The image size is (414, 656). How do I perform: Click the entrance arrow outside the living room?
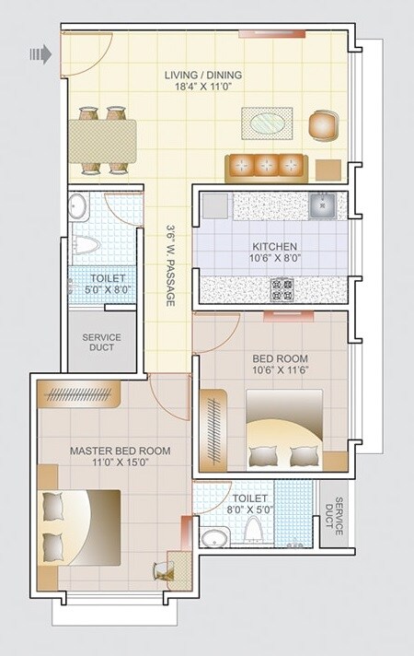pos(40,55)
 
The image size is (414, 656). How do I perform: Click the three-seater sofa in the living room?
pos(266,167)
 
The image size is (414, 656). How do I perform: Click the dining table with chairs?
pos(102,139)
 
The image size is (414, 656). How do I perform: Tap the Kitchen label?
pos(275,247)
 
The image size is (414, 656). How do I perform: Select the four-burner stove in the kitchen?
pos(281,291)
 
